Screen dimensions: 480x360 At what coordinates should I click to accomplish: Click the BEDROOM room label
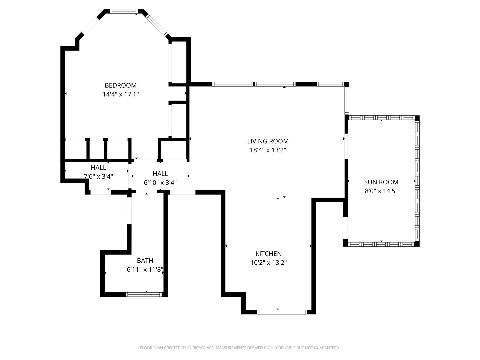(120, 85)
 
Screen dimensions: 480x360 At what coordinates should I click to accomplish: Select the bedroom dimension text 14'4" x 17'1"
(121, 94)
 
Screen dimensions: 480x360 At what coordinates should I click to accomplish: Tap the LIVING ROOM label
(268, 141)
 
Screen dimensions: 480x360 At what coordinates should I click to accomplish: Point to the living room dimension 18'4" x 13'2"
(268, 150)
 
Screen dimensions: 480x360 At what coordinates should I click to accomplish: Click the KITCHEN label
(269, 254)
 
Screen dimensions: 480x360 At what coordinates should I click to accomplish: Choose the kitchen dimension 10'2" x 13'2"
(269, 263)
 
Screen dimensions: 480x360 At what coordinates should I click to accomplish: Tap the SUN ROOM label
(381, 182)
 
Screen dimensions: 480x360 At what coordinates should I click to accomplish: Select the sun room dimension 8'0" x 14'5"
(381, 191)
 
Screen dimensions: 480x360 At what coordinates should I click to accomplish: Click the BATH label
(145, 261)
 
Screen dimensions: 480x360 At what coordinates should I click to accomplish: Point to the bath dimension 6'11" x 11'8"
(145, 270)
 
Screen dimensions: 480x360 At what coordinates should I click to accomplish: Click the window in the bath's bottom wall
(144, 295)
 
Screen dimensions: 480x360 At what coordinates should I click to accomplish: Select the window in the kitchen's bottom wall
(282, 312)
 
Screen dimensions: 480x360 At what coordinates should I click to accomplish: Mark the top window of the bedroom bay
(124, 11)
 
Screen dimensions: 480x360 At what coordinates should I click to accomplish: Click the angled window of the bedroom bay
(157, 25)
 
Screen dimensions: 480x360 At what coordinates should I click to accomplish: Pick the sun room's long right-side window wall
(417, 181)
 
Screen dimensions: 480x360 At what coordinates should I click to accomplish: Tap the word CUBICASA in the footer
(196, 348)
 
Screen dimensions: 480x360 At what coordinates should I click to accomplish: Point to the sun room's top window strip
(382, 118)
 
